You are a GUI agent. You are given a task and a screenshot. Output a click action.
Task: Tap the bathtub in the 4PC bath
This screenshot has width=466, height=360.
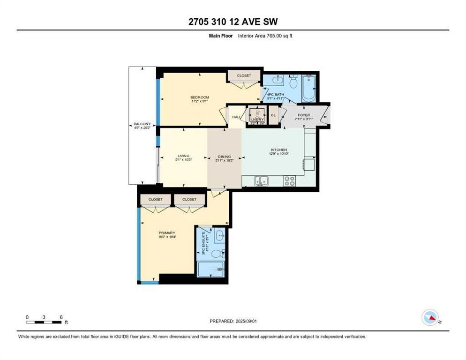(308, 88)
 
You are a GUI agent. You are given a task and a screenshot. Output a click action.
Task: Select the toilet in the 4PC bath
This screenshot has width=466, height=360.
(293, 82)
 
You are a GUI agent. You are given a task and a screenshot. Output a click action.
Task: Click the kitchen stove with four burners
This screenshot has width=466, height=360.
(290, 181)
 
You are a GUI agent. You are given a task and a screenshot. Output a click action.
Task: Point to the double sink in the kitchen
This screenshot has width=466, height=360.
(262, 181)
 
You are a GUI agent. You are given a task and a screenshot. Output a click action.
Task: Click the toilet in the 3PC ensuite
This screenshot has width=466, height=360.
(216, 254)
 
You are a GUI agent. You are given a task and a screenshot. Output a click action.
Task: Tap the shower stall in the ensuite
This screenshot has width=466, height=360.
(211, 270)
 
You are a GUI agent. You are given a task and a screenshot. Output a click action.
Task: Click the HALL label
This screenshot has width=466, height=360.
(236, 118)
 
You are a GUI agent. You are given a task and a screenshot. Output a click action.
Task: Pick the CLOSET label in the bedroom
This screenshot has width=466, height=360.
(244, 75)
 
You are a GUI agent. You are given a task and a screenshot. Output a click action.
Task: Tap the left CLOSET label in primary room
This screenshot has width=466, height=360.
(156, 199)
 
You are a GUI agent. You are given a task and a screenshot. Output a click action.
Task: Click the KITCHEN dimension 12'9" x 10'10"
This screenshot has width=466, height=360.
(278, 154)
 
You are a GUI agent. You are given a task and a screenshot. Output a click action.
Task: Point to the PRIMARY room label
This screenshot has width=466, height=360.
(167, 233)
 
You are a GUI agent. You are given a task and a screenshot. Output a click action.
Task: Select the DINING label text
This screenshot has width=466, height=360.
(225, 157)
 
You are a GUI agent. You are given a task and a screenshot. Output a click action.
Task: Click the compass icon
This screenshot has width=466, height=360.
(430, 318)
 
